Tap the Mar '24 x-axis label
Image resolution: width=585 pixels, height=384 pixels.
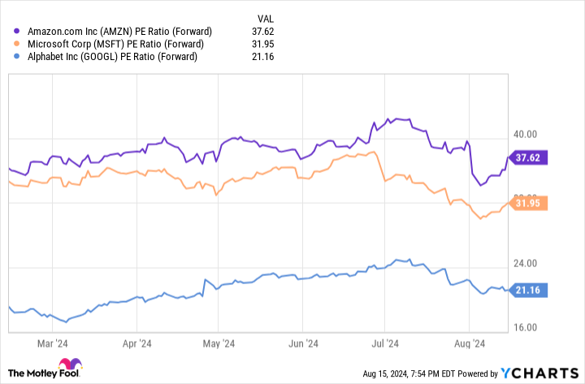(x=53, y=343)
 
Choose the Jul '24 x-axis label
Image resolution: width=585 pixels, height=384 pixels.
(x=385, y=343)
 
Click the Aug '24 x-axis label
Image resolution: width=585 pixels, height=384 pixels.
(x=469, y=343)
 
